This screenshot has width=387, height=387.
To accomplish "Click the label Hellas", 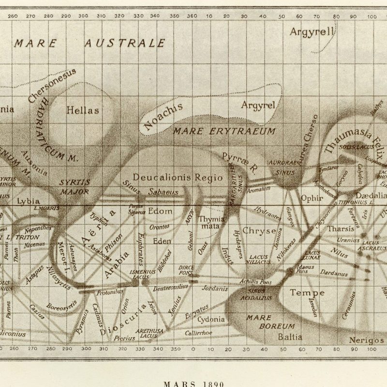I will tap(82, 110).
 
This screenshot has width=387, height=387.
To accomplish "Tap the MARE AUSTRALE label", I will tap(89, 44).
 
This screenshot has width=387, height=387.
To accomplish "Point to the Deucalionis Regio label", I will tap(178, 177).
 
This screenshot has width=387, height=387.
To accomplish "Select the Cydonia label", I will tap(211, 319).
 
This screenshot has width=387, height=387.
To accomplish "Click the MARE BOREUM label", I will tap(264, 322).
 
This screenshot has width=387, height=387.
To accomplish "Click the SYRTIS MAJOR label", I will tap(74, 187).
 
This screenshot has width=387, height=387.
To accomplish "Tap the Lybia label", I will tap(28, 201).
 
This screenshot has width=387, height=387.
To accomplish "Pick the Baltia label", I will tap(290, 337).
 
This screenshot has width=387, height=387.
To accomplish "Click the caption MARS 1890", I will tap(194, 384).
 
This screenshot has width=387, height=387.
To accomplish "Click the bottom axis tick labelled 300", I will tap(86, 348).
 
